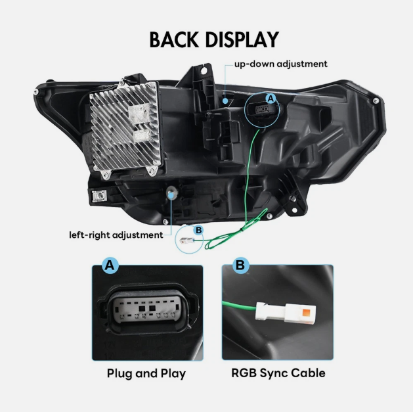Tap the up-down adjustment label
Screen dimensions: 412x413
(x=280, y=64)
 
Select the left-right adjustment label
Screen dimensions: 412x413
(x=116, y=235)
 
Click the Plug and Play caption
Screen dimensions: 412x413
(x=146, y=373)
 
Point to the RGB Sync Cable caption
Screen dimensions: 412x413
(x=278, y=373)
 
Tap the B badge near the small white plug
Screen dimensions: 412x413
(x=198, y=230)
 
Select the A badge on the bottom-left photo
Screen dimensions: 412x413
(x=109, y=266)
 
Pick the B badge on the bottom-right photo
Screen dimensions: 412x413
(x=240, y=266)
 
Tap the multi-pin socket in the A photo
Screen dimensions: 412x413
(x=146, y=311)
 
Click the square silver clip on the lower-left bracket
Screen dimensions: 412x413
(x=101, y=195)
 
